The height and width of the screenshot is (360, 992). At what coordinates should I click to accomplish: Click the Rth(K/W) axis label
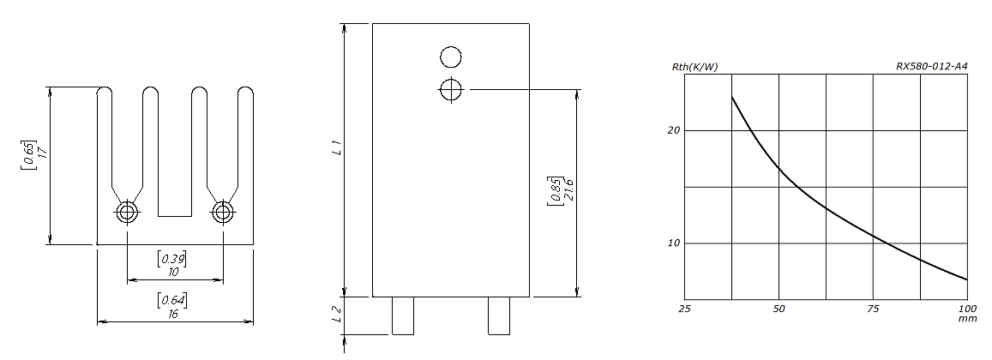pyautogui.click(x=694, y=67)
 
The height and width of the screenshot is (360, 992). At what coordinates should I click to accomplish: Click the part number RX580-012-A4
pyautogui.click(x=931, y=66)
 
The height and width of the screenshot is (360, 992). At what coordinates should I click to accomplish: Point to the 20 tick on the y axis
pyautogui.click(x=674, y=130)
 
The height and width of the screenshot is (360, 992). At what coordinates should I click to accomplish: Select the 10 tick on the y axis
pyautogui.click(x=674, y=243)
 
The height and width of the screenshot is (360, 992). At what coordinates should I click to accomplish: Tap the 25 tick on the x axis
pyautogui.click(x=684, y=309)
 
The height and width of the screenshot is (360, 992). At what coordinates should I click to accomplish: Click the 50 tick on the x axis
pyautogui.click(x=779, y=309)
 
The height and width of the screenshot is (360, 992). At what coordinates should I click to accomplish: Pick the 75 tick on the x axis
pyautogui.click(x=873, y=309)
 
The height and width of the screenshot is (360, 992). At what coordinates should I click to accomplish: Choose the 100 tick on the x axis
pyautogui.click(x=967, y=309)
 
